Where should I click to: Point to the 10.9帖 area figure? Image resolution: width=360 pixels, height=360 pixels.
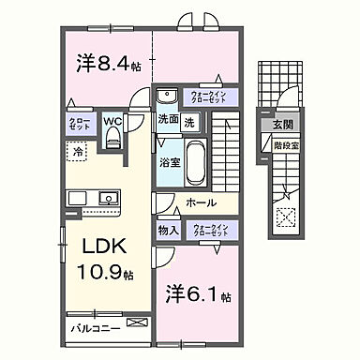(98, 275)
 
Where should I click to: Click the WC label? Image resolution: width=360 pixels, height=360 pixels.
(112, 121)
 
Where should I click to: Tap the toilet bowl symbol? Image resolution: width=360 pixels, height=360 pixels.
(113, 139)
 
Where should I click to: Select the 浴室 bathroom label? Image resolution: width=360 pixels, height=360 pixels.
(170, 162)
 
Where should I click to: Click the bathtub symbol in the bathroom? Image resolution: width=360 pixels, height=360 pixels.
(198, 158)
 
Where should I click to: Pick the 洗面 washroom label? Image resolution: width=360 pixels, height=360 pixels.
(168, 120)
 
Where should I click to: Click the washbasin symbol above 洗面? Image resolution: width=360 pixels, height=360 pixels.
(170, 96)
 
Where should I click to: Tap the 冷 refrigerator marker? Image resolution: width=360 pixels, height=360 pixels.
(78, 150)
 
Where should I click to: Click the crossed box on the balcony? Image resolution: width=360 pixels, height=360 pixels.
(138, 323)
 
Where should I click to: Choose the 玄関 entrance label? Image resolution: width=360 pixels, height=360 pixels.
(282, 124)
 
